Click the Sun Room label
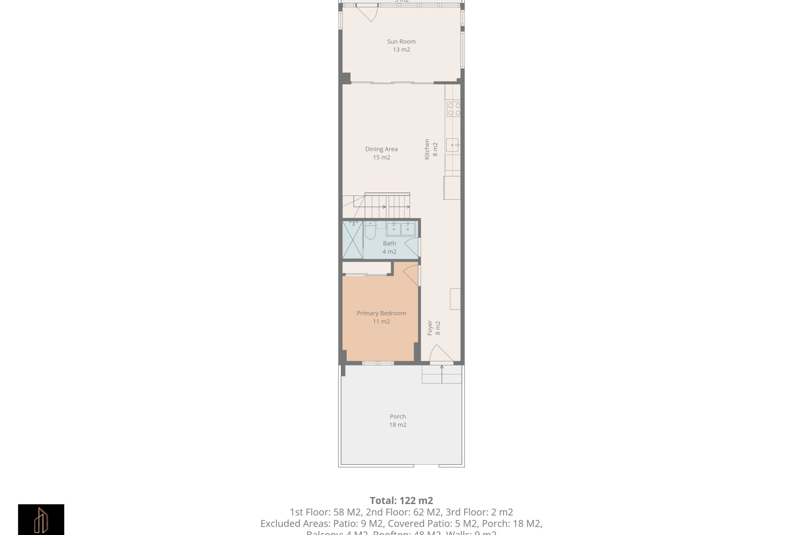click(401, 41)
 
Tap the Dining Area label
click(381, 149)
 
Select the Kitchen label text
click(427, 149)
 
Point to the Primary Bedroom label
click(381, 313)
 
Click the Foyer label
click(430, 328)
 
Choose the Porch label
click(398, 416)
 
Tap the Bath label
click(389, 243)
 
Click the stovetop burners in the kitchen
click(454, 109)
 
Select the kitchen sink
click(453, 145)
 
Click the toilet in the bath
click(370, 231)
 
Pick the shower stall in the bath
click(353, 240)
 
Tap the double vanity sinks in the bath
click(400, 229)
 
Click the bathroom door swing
click(412, 247)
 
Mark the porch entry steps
click(442, 374)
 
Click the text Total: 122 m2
click(401, 500)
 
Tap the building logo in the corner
click(41, 520)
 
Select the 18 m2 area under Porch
click(398, 425)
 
